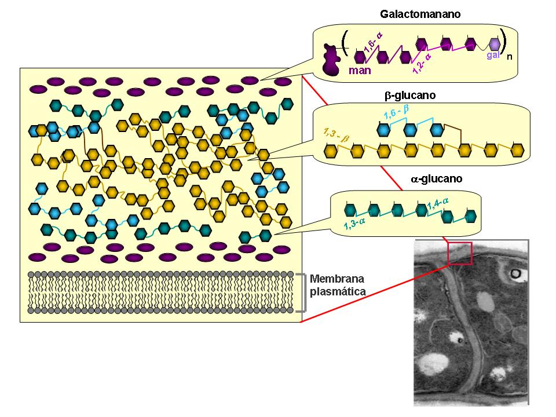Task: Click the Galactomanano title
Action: [x=420, y=14]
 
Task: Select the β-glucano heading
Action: [x=410, y=96]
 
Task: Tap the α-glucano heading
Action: [x=437, y=178]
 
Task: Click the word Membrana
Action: [x=337, y=279]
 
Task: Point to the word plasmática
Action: [x=338, y=291]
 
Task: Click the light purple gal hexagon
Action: [x=494, y=45]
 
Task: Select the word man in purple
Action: [x=360, y=70]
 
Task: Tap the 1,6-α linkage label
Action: [x=374, y=42]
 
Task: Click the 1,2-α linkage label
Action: [x=422, y=64]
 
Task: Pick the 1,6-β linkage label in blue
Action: [x=396, y=112]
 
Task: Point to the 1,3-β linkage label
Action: [x=336, y=135]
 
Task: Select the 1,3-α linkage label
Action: [x=354, y=224]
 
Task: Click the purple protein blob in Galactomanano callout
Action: [x=331, y=60]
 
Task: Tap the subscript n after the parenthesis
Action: [x=510, y=57]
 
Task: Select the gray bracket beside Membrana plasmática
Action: [x=303, y=293]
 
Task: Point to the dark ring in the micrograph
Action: [x=515, y=273]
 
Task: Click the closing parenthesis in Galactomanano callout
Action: [x=503, y=41]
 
